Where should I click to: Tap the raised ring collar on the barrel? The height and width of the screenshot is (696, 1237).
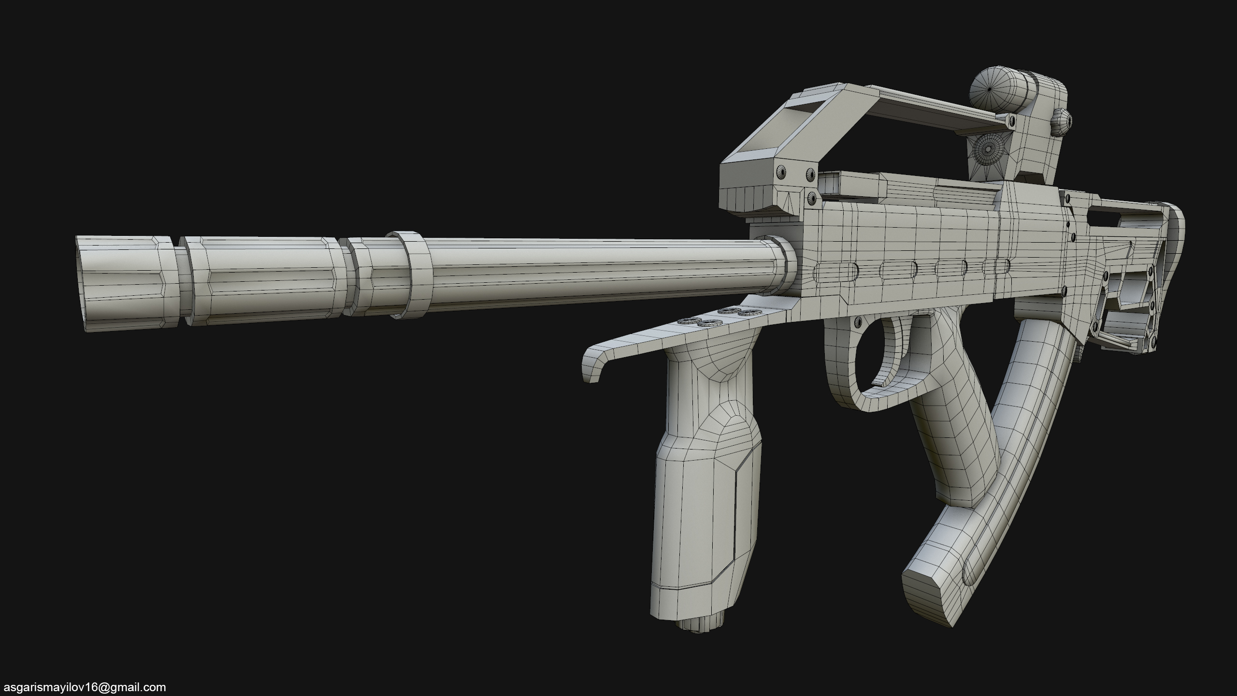(x=411, y=274)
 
